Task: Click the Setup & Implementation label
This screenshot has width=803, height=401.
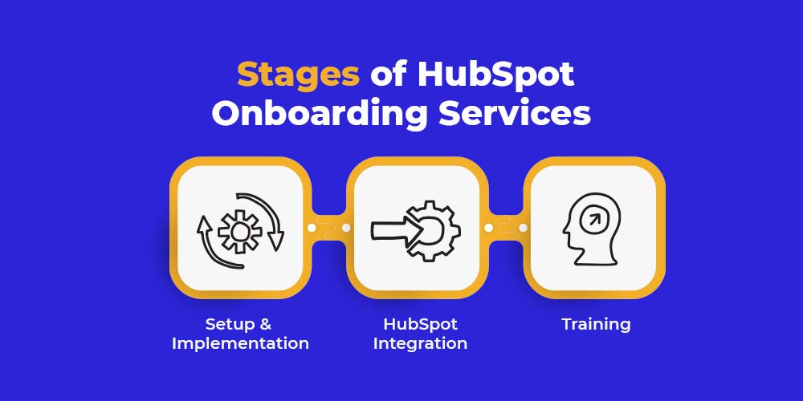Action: tap(240, 334)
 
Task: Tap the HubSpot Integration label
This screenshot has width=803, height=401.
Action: tap(420, 334)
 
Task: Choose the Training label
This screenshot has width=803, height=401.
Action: tap(596, 324)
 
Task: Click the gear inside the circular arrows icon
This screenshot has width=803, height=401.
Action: tap(239, 232)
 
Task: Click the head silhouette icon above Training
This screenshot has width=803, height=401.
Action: tap(592, 229)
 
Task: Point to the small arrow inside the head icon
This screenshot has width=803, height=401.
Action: tap(594, 220)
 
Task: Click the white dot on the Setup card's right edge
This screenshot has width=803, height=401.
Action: tap(312, 228)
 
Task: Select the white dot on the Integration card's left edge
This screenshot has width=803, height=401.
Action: tap(346, 228)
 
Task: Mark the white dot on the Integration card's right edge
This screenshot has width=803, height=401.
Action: tap(488, 228)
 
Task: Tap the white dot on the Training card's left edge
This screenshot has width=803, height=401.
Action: tap(523, 228)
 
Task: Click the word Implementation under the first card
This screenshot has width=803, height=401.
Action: tap(240, 343)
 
